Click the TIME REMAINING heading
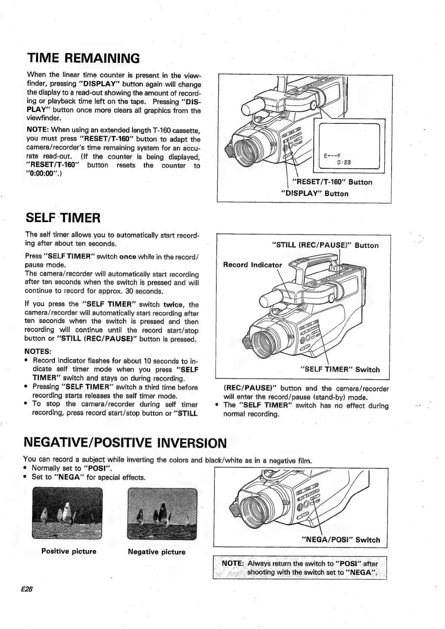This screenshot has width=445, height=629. point(83,58)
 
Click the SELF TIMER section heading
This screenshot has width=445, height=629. point(63,217)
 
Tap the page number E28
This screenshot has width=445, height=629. point(27,588)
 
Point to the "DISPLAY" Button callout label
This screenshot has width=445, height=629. point(315,194)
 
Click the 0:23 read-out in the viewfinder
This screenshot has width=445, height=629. point(343,163)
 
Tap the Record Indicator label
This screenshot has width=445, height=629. point(253,265)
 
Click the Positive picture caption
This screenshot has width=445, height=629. point(69,551)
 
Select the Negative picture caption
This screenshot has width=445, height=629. point(157,552)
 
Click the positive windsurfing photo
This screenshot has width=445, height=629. point(67,513)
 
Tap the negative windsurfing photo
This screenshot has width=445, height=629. point(162,514)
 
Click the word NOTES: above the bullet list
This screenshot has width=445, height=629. point(38,352)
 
